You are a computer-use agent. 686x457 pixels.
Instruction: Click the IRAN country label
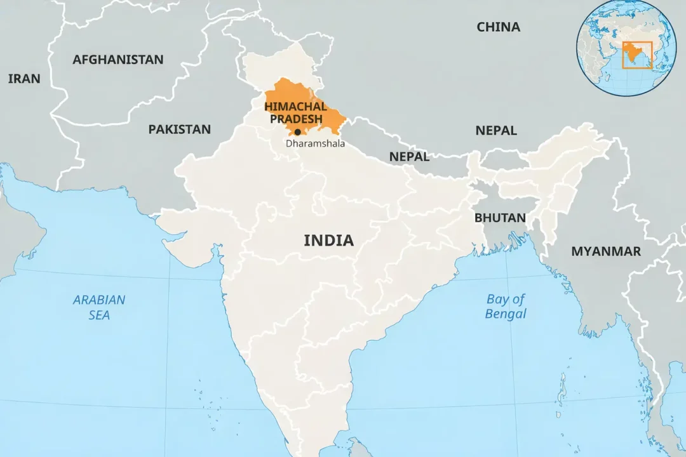[x=24, y=79]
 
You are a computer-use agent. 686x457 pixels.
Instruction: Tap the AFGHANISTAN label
[x=118, y=60]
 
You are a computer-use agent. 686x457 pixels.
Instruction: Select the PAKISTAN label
[x=179, y=129]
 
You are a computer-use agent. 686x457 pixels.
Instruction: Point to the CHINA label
[x=498, y=27]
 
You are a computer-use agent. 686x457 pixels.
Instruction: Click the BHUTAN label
[x=500, y=218]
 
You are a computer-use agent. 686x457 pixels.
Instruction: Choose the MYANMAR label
[x=605, y=251]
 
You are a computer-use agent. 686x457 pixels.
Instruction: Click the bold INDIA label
[x=328, y=241]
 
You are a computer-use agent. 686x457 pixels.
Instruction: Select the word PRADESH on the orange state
[x=296, y=119]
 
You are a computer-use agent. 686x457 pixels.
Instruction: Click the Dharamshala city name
[x=315, y=143]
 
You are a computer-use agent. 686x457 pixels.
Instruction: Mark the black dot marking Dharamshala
[x=297, y=132]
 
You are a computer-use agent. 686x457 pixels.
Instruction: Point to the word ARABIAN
[x=99, y=300]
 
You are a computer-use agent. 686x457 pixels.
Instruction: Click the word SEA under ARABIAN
[x=99, y=315]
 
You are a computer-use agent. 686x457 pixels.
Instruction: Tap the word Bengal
[x=506, y=314]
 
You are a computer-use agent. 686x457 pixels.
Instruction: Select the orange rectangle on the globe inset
[x=637, y=55]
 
